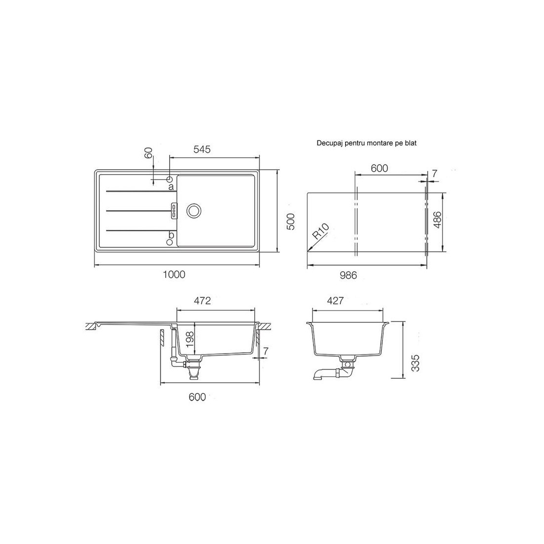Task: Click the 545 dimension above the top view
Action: point(202,149)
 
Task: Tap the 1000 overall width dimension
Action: point(174,274)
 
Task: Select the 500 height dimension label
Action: point(291,222)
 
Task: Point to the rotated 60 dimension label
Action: point(148,153)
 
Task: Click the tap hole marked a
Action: point(169,180)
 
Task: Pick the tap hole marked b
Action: point(170,242)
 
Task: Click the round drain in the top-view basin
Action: point(193,211)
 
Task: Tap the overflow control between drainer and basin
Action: point(174,211)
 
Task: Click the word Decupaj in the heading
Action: point(329,143)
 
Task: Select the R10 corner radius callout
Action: point(320,232)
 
